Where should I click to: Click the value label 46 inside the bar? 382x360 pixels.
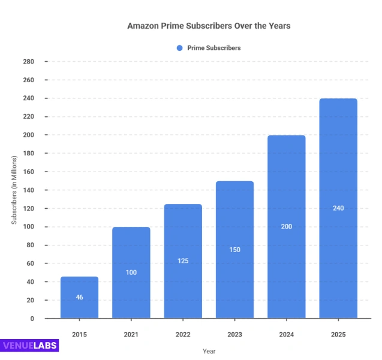[79, 298]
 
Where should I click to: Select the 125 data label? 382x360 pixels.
[183, 261]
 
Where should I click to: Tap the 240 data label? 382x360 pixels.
[338, 208]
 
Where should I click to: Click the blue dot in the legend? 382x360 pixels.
[179, 48]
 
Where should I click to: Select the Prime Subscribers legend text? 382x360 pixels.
[213, 48]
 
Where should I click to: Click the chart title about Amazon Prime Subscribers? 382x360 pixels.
[208, 26]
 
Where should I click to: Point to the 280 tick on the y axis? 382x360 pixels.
[28, 62]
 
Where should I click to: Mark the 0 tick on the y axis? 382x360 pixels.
[32, 319]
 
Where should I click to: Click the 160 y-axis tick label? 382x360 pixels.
[28, 172]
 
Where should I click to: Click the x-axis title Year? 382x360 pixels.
[209, 351]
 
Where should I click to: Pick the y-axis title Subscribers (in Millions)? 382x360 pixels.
[14, 190]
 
